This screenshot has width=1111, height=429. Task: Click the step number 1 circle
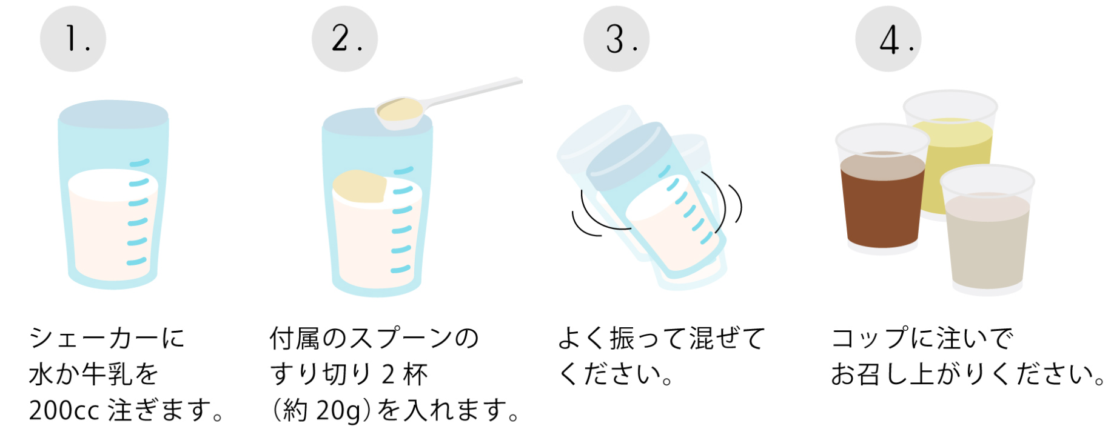click(x=73, y=39)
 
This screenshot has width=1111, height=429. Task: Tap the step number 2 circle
click(x=344, y=39)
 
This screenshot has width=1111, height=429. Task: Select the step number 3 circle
click(x=616, y=39)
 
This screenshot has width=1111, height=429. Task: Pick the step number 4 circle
click(x=888, y=39)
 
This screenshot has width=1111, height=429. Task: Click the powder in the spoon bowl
click(x=400, y=109)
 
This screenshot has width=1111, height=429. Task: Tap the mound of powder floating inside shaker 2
click(x=360, y=186)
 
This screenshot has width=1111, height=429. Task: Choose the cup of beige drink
click(x=987, y=230)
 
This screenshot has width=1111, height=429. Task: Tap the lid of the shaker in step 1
click(x=113, y=115)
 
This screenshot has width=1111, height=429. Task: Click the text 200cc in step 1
click(x=64, y=410)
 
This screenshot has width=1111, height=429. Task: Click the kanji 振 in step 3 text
click(x=622, y=338)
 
